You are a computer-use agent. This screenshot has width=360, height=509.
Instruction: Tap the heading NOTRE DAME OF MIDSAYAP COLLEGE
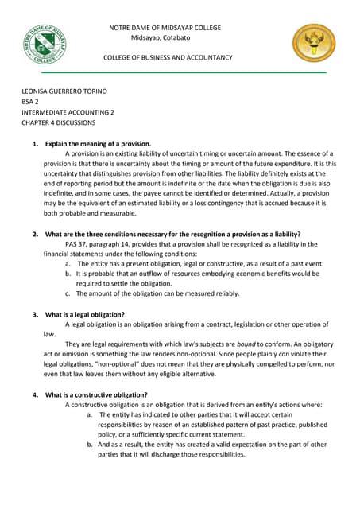(165, 28)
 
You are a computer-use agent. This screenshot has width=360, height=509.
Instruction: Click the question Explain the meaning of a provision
(98, 144)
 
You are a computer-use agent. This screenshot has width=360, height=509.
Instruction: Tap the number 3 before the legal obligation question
(34, 314)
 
